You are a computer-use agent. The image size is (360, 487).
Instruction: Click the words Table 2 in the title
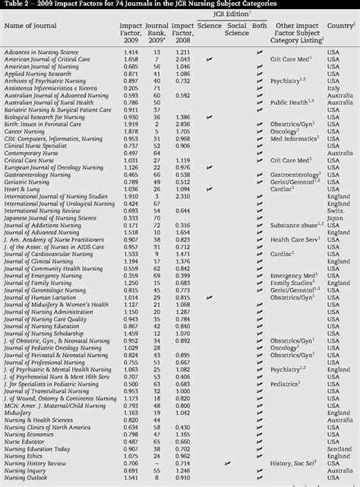click(16, 4)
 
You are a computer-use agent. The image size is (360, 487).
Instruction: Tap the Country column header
click(340, 26)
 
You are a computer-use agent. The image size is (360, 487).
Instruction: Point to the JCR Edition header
click(232, 15)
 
